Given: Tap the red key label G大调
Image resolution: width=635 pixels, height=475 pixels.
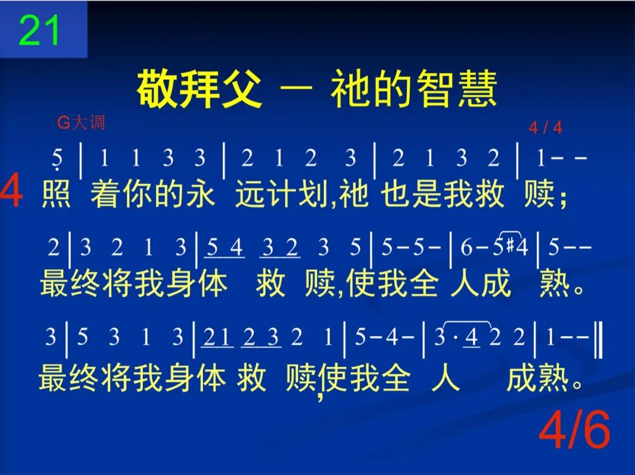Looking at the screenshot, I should click(x=81, y=123).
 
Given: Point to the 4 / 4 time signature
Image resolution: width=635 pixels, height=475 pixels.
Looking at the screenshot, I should click(x=545, y=128).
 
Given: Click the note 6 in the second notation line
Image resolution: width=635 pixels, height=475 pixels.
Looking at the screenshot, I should click(x=466, y=248).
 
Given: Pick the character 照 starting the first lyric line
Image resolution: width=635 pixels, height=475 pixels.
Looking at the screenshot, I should click(x=56, y=194).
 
